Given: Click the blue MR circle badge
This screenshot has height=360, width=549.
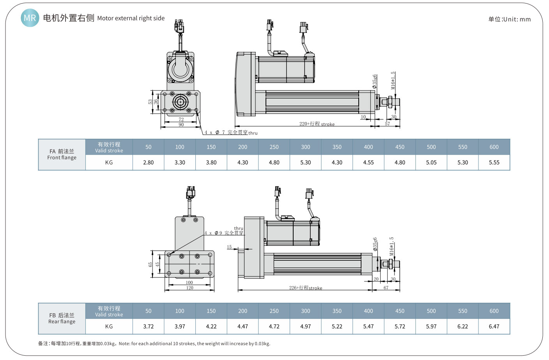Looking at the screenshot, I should [30, 18].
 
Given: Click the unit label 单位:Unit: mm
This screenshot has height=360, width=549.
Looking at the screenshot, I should [509, 19].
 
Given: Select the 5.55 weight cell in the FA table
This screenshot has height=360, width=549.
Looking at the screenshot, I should [494, 162].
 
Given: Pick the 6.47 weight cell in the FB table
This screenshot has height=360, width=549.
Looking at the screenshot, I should [494, 326].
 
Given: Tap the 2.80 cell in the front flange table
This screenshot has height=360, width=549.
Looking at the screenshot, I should [148, 162].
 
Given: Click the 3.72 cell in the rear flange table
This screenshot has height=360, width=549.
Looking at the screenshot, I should [148, 326].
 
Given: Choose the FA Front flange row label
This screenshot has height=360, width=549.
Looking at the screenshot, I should [62, 154].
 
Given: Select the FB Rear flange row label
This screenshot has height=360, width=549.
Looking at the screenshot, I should [62, 318].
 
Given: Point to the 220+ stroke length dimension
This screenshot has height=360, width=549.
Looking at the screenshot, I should [317, 124].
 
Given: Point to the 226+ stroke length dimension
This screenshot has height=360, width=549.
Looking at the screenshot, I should [305, 288].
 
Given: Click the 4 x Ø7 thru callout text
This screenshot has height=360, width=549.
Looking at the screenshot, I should [231, 132].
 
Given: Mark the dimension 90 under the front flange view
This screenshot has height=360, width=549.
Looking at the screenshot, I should [181, 125].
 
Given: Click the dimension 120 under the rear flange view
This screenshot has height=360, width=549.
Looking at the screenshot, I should [189, 288].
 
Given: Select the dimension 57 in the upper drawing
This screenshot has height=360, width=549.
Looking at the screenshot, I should [387, 124].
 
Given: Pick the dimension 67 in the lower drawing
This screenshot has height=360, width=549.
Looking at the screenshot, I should [386, 288].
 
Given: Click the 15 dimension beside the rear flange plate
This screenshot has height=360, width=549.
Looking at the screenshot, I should [229, 247].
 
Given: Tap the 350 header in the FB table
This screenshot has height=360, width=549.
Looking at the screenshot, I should [337, 311].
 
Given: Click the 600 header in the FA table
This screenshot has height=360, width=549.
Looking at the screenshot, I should [494, 147].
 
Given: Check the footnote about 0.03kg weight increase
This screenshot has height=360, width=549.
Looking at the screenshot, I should [154, 344].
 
